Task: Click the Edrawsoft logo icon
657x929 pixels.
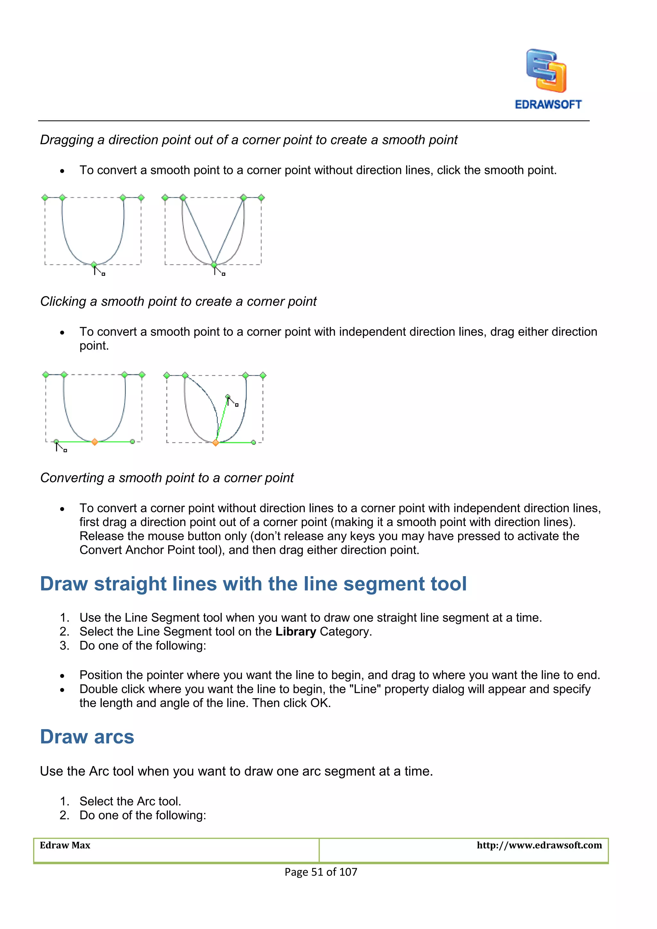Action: pos(546,71)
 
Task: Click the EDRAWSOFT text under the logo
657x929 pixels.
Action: pos(548,104)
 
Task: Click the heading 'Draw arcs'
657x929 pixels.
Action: pos(87,737)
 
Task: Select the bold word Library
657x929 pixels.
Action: pos(295,632)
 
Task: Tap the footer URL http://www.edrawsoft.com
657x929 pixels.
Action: pos(539,845)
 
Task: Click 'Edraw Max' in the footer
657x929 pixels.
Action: pos(65,845)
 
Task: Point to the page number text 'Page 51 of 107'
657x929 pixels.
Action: pos(321,872)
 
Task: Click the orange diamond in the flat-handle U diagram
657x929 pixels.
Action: pos(95,442)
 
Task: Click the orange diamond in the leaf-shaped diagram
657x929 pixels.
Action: pos(216,443)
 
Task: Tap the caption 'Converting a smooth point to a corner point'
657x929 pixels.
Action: pos(167,478)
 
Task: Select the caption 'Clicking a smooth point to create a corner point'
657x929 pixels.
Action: pos(178,302)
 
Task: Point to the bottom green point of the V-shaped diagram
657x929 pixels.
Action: pos(214,265)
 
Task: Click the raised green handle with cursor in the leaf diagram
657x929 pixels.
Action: pos(228,396)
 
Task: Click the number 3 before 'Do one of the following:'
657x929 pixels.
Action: pos(64,645)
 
